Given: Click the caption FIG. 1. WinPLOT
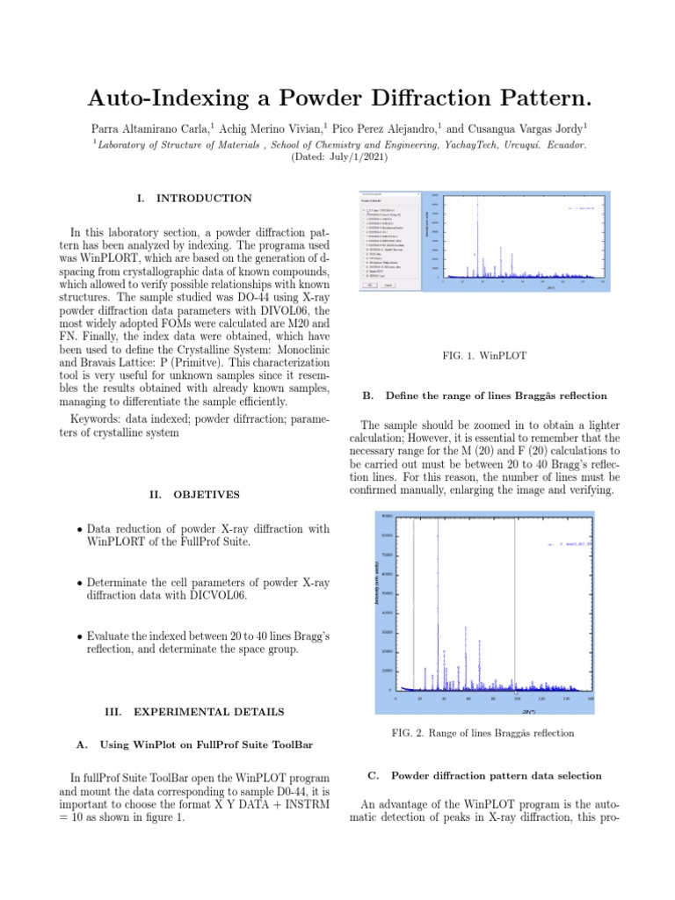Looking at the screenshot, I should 475,356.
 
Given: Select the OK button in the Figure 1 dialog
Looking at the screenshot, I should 370,285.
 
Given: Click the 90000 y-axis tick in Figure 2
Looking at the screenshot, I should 388,515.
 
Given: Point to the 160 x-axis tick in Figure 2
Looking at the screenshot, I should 591,699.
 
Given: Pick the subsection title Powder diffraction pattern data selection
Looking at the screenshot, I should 496,776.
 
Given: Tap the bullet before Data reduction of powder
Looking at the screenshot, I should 80,529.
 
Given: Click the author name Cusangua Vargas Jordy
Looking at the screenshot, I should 529,127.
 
